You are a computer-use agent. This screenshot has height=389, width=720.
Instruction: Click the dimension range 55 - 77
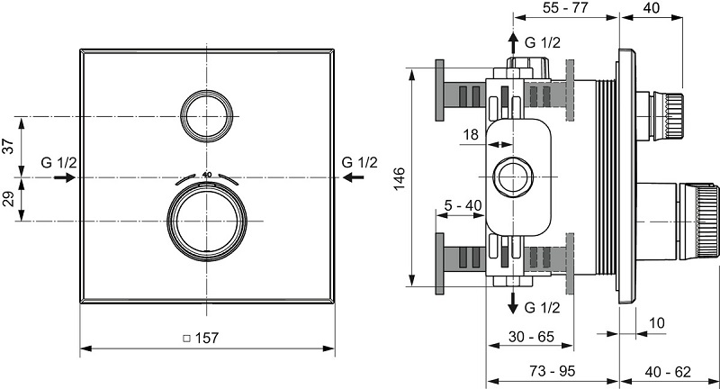coord(564,7)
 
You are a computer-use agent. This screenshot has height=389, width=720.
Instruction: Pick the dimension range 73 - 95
coord(552,371)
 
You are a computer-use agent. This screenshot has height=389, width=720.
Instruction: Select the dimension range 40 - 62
coord(669,371)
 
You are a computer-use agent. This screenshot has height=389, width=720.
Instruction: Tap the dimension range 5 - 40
coord(463,206)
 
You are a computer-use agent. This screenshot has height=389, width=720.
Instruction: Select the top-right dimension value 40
coord(652,7)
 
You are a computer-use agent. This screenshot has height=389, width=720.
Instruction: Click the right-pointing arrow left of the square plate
coord(64,177)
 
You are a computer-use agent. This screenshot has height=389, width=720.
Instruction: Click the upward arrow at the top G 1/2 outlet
coord(512,43)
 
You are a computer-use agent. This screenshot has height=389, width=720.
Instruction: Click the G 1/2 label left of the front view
coord(59,162)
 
